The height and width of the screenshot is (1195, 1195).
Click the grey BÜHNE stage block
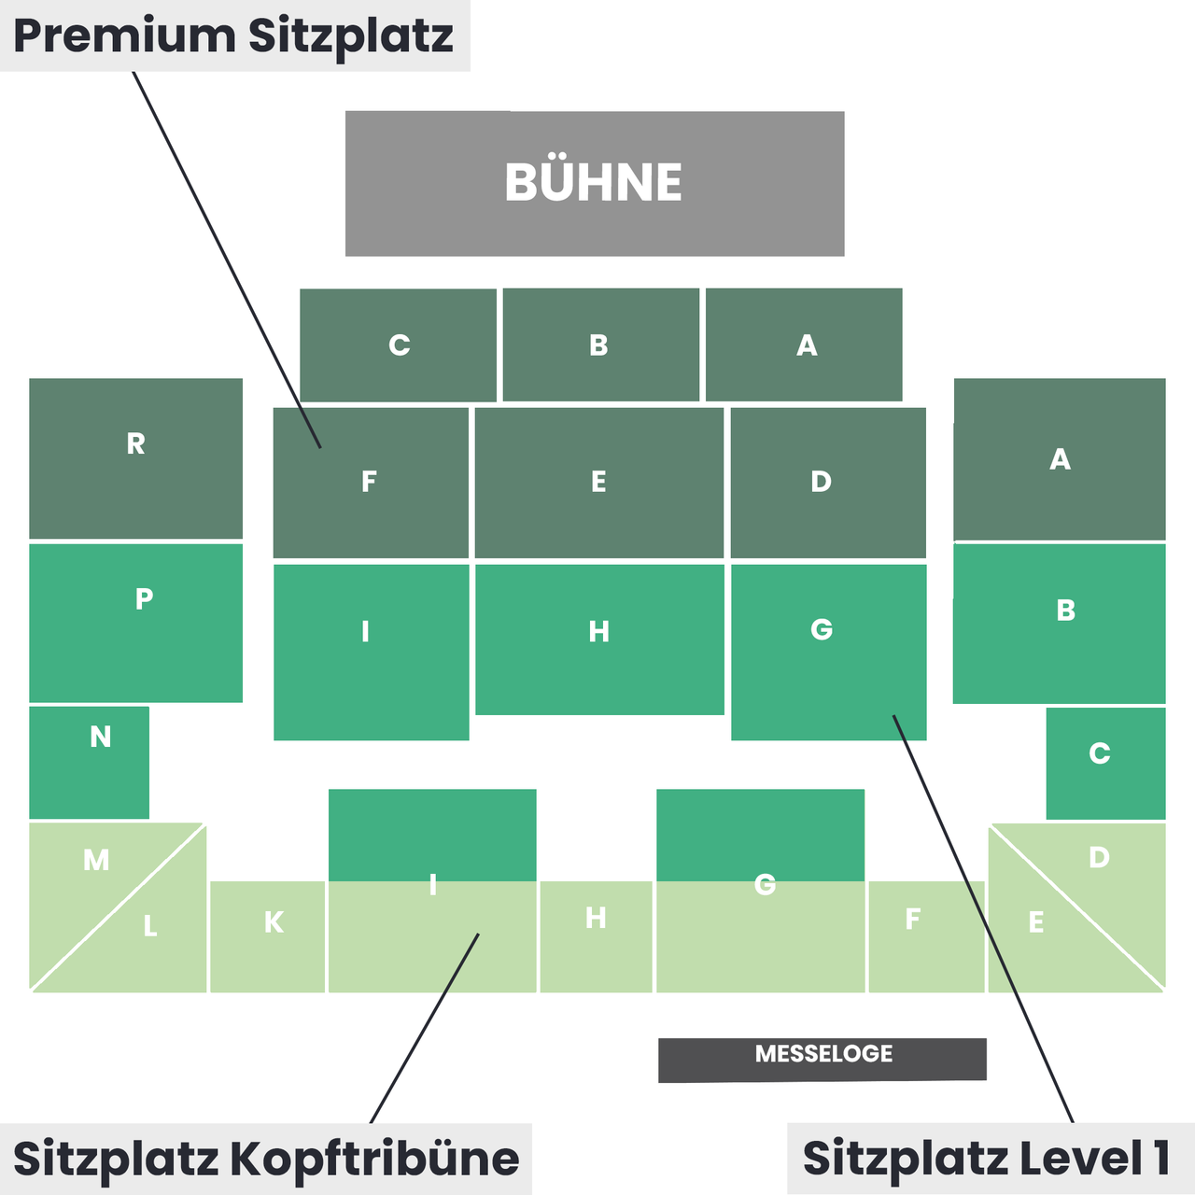tap(595, 184)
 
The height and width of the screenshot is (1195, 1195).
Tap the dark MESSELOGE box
tap(822, 1060)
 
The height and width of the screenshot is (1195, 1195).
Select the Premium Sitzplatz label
tap(234, 35)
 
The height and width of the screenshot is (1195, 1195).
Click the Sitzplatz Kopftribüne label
tap(265, 1159)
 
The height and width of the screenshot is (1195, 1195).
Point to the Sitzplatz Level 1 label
tap(991, 1158)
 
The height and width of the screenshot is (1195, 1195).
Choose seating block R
tap(135, 458)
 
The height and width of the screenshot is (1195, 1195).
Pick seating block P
tap(135, 624)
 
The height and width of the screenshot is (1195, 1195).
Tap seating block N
tap(90, 762)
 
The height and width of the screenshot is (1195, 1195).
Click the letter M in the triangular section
tap(96, 860)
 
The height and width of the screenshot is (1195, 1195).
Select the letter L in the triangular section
tap(150, 926)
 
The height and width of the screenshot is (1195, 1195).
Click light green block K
tap(267, 936)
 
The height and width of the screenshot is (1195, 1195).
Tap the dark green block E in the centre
tap(599, 483)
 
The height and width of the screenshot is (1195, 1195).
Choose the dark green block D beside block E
tap(828, 483)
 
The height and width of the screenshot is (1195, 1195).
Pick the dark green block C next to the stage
tap(398, 344)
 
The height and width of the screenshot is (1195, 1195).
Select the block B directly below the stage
tap(601, 344)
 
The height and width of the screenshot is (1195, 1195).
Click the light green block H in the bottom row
tap(596, 936)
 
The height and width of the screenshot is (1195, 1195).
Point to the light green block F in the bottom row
tap(926, 936)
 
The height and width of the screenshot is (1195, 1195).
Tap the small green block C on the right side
tap(1105, 764)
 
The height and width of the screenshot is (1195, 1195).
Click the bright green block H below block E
tap(599, 640)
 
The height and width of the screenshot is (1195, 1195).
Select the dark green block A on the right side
tap(1060, 459)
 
